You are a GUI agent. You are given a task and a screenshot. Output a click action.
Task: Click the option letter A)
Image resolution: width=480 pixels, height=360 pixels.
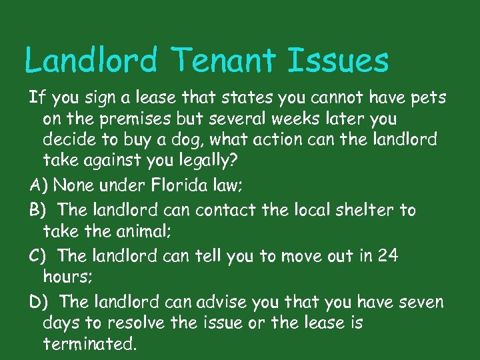[39, 185]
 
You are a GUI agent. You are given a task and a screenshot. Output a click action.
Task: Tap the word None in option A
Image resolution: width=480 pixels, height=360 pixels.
[72, 185]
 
